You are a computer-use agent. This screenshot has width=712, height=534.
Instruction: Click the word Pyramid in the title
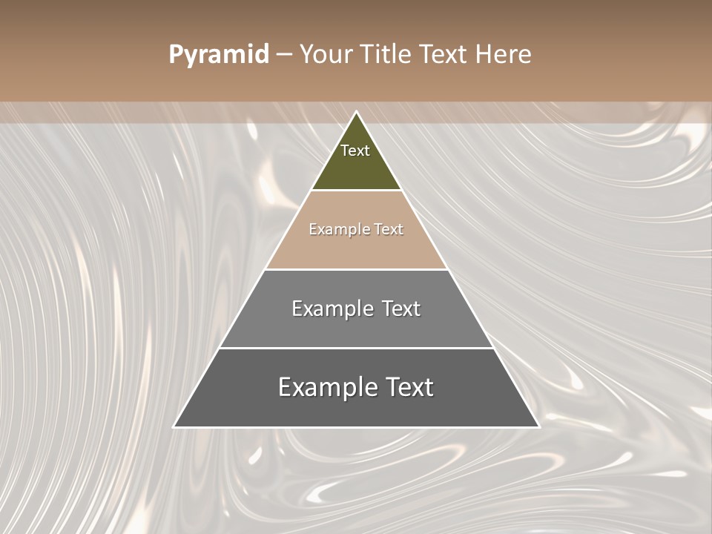pyautogui.click(x=219, y=55)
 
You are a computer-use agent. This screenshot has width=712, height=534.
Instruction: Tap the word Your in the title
pyautogui.click(x=326, y=54)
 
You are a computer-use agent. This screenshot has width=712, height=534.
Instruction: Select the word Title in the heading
pyautogui.click(x=385, y=54)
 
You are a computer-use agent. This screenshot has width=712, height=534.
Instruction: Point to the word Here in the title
pyautogui.click(x=504, y=54)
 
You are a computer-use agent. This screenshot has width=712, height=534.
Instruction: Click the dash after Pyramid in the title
pyautogui.click(x=283, y=55)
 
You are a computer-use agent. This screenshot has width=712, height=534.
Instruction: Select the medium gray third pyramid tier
pyautogui.click(x=356, y=329)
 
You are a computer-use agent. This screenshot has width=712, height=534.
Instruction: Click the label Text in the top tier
pyautogui.click(x=355, y=151)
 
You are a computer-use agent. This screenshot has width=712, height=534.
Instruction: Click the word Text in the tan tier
pyautogui.click(x=389, y=229)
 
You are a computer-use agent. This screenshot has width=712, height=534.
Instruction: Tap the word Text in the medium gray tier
pyautogui.click(x=401, y=309)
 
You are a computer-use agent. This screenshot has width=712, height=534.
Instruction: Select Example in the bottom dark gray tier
pyautogui.click(x=324, y=388)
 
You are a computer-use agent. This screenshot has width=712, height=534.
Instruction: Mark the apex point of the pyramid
pyautogui.click(x=357, y=112)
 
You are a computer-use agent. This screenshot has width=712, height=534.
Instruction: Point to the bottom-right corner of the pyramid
pyautogui.click(x=538, y=426)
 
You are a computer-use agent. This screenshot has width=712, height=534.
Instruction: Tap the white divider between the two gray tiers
pyautogui.click(x=356, y=348)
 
